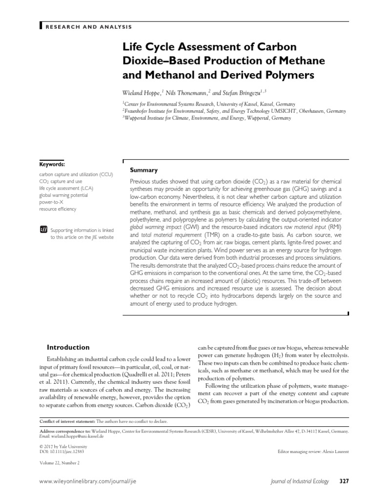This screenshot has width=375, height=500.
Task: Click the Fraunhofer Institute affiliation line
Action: pos(234,111)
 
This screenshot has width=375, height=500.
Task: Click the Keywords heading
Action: pos(52,165)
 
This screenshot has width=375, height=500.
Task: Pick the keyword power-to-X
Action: pos(53,202)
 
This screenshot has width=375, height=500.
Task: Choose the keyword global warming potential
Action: pos(63,195)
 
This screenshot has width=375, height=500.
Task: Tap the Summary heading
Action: pos(143,170)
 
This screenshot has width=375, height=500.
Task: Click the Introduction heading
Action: pos(68,348)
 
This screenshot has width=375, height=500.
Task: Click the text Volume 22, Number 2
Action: pos(59,462)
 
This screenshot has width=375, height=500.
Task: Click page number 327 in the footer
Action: pos(344,481)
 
